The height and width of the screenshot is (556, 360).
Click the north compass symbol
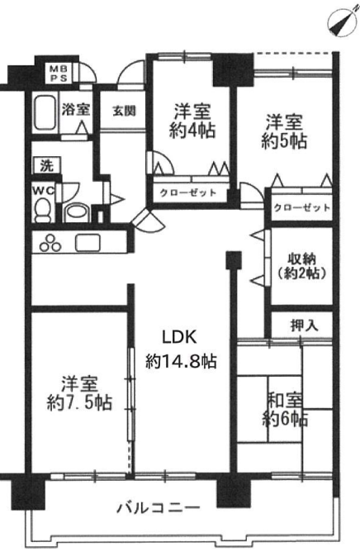341,22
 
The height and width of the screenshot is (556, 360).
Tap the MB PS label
58,74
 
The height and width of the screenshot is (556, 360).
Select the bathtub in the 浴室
45,112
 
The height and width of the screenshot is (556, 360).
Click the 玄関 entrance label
124,111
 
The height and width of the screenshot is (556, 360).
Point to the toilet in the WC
43,210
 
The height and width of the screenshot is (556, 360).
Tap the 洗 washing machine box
46,165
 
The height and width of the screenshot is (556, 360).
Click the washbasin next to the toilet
77,212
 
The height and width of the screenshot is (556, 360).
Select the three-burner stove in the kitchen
50,243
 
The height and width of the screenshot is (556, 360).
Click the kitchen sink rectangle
88,243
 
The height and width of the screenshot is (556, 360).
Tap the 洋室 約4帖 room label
192,121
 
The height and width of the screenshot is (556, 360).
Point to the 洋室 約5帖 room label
284,131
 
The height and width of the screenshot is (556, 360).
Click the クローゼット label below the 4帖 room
187,192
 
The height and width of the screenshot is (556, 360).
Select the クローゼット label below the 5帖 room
302,207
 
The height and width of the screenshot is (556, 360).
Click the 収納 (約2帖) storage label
301,266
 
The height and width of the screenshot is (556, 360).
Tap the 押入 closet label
304,326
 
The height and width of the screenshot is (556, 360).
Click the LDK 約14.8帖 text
181,349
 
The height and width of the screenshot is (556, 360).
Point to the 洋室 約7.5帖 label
80,393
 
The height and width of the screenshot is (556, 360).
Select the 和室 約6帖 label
285,410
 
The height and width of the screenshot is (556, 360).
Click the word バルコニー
159,508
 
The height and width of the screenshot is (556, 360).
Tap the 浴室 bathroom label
75,110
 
